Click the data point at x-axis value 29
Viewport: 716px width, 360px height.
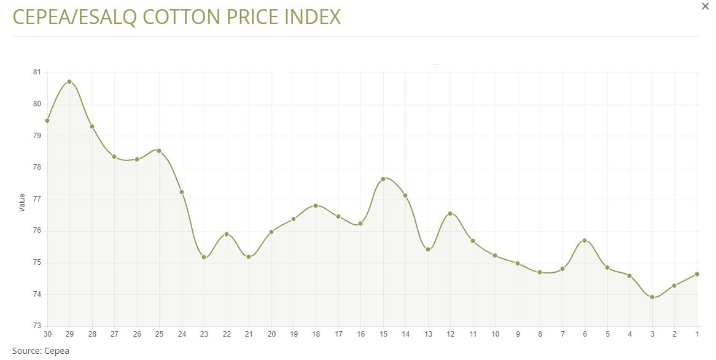click(69, 82)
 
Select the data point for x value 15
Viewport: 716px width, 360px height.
click(383, 179)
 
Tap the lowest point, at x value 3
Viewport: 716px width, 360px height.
click(652, 297)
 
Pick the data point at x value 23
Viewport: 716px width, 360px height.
click(204, 257)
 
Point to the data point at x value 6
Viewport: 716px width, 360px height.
click(585, 240)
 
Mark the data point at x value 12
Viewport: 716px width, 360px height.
click(450, 214)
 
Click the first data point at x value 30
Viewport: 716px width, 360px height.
click(47, 120)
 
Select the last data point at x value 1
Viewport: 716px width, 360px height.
click(697, 274)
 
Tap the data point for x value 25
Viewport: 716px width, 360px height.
click(159, 151)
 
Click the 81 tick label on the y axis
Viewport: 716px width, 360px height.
click(37, 72)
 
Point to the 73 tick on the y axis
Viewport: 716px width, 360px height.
click(37, 326)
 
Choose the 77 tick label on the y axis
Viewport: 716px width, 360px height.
click(37, 199)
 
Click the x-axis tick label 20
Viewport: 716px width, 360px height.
click(271, 334)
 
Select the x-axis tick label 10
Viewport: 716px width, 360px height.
click(496, 334)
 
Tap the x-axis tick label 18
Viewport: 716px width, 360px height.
click(316, 334)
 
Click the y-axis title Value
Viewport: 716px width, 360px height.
click(22, 202)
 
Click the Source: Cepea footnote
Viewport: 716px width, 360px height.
click(41, 351)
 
